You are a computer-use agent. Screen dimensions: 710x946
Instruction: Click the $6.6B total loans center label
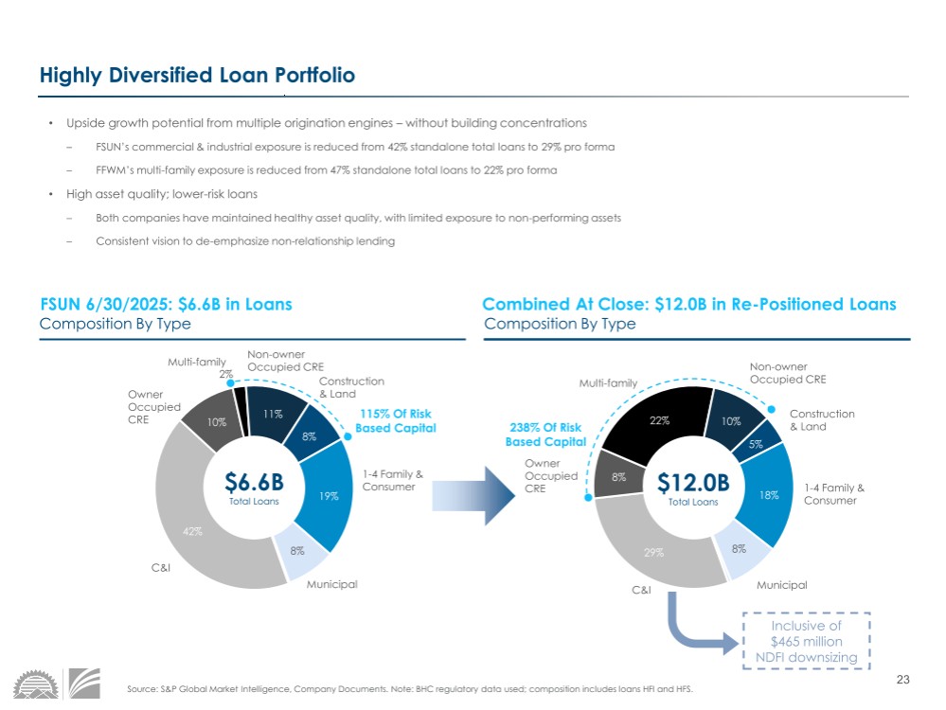pos(254,488)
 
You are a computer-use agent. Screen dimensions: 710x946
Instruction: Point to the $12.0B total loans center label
pos(693,488)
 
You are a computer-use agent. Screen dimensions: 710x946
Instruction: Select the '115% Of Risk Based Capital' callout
pos(395,421)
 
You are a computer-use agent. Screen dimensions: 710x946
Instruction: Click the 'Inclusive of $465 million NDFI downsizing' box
pos(806,642)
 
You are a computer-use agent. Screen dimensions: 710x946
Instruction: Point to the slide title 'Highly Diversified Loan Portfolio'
pos(197,76)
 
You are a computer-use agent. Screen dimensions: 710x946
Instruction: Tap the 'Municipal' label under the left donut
pos(331,584)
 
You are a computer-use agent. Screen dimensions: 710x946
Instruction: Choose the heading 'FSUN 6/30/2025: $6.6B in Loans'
pos(166,305)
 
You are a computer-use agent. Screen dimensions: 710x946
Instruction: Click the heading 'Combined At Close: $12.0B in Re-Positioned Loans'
pos(688,305)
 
